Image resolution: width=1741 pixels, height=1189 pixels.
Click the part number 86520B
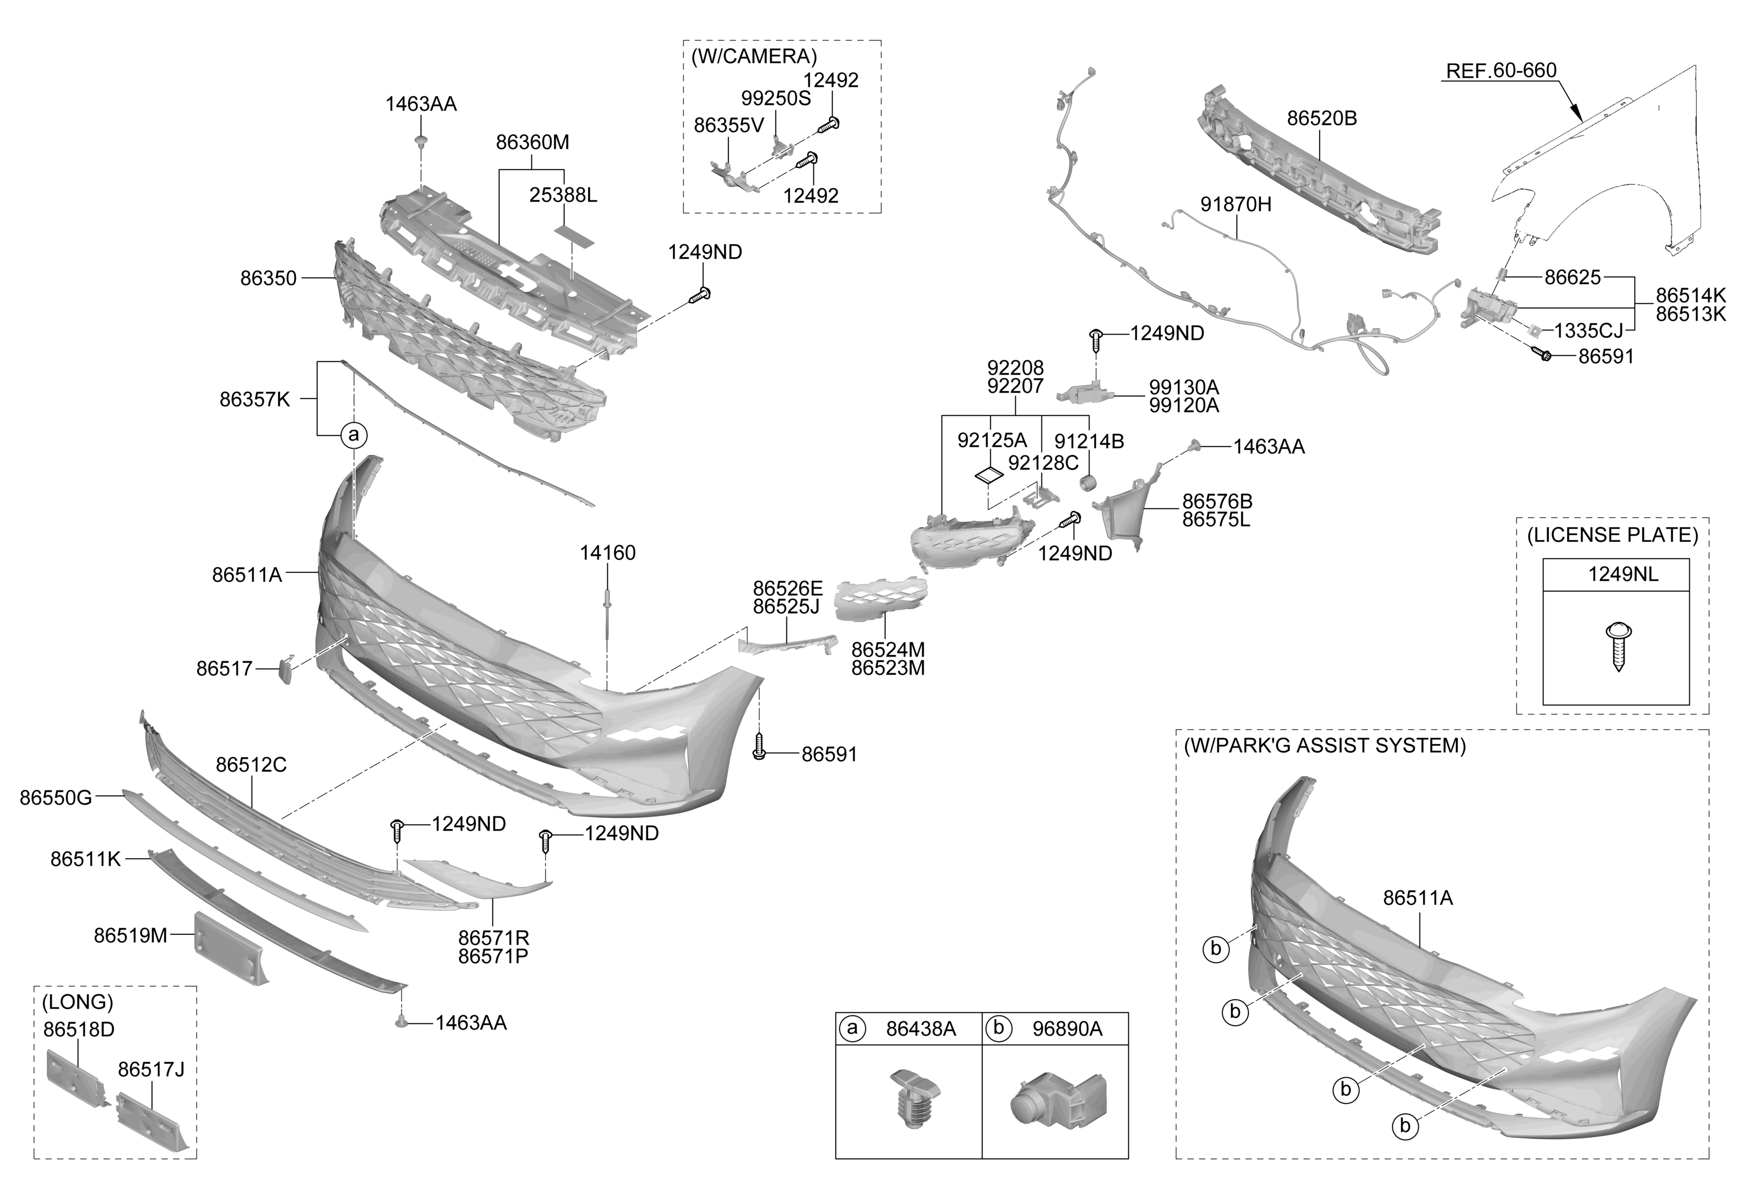click(1322, 118)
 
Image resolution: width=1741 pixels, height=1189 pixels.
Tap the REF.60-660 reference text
click(1500, 70)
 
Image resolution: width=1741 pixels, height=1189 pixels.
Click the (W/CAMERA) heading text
click(754, 56)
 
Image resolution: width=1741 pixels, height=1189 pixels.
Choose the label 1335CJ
click(1588, 330)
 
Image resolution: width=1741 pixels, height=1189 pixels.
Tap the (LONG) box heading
click(77, 1002)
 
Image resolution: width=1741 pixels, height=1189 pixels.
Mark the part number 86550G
click(55, 798)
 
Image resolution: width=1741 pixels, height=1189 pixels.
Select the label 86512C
click(251, 764)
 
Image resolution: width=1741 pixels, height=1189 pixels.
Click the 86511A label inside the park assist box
click(1417, 897)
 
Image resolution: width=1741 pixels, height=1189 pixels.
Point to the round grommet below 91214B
click(1088, 483)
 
